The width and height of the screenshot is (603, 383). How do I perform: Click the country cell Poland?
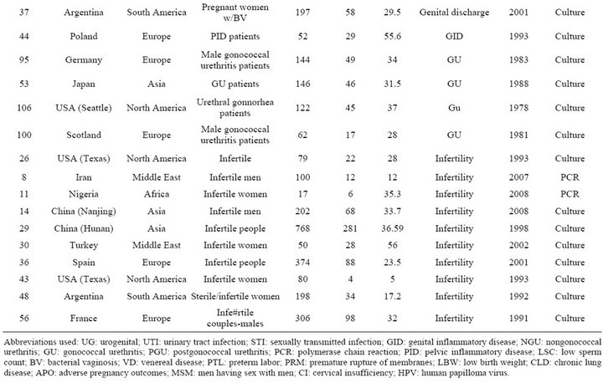[x=84, y=37]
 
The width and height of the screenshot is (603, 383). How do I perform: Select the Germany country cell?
[x=84, y=60]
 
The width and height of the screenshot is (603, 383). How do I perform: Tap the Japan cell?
[x=84, y=84]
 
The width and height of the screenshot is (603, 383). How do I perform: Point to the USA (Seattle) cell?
[x=84, y=108]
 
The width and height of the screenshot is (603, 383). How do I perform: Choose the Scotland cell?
[x=84, y=135]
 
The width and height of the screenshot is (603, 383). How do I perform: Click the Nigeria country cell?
[x=84, y=194]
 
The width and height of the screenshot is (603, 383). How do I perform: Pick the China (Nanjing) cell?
[x=84, y=212]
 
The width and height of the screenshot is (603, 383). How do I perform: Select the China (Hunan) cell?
[x=84, y=228]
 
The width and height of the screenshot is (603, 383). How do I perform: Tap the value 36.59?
[x=392, y=228]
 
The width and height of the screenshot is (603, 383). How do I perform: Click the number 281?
[x=350, y=228]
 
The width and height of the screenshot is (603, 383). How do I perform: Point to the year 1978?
[x=518, y=108]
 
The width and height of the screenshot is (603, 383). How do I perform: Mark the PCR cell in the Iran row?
[x=569, y=177]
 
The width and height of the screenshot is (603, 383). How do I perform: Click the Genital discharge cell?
[x=454, y=13]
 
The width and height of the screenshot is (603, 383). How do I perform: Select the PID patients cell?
[x=235, y=37]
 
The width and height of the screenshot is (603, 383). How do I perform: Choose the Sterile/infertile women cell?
[x=235, y=297]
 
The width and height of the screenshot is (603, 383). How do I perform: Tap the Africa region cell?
[x=157, y=194]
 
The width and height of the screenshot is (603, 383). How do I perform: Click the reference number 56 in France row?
[x=23, y=319]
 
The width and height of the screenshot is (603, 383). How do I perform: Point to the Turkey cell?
[x=84, y=246]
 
